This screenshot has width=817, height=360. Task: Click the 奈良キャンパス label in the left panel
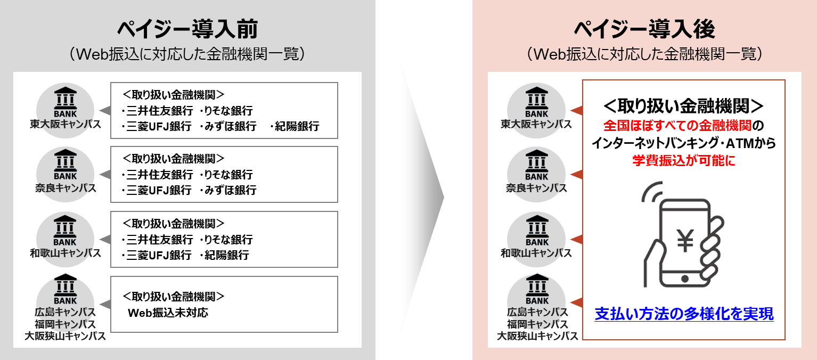(x=66, y=189)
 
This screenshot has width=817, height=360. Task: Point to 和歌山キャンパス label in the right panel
(x=536, y=253)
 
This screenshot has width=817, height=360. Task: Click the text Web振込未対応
(x=168, y=313)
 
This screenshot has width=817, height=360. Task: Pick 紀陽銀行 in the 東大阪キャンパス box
(x=296, y=127)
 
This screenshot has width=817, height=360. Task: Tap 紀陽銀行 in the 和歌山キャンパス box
(x=226, y=255)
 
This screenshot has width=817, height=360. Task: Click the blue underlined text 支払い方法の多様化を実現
(x=684, y=314)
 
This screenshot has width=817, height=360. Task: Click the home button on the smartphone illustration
(x=684, y=279)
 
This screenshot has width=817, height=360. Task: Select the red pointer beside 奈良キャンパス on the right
(x=576, y=175)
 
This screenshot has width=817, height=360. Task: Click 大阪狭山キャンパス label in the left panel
(x=66, y=337)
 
